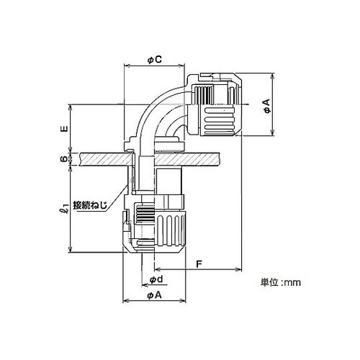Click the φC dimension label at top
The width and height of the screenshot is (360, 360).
tap(154, 60)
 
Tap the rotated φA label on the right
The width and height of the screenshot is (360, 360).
tap(266, 105)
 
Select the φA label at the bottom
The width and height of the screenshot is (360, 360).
tap(155, 295)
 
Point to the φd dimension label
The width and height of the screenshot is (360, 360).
tap(156, 279)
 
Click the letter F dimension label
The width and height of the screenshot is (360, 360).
tap(199, 264)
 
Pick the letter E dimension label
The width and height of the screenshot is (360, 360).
tap(64, 128)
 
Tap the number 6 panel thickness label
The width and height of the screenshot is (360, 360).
tap(63, 159)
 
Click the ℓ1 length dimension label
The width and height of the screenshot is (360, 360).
tap(64, 209)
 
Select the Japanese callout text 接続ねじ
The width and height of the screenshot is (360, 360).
tap(90, 205)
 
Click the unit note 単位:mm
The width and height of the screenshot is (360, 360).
tap(281, 282)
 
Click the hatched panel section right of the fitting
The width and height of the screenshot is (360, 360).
tap(186, 159)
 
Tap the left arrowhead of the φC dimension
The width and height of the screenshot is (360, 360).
tap(126, 66)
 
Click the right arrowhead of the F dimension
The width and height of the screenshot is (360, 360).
tap(238, 269)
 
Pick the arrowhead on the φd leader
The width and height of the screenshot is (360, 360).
tap(145, 285)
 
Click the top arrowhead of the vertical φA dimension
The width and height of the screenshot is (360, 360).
tap(272, 76)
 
